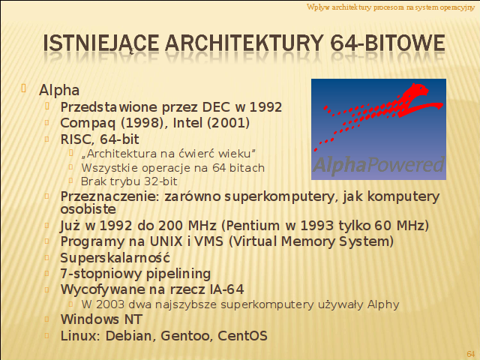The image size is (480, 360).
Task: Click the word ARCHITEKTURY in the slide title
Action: pos(244,43)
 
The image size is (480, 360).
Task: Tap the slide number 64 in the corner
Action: pos(471,353)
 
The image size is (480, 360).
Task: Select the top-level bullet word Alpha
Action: pos(59,91)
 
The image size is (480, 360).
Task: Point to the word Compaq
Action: pos(88,124)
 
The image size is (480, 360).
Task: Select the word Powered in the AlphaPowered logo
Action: pos(406,165)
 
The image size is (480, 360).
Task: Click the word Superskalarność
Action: pos(115,258)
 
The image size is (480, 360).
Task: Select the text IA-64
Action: pos(226,289)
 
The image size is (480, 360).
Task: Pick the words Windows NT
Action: pos(101,319)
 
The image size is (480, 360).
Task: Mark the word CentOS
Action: pos(242,336)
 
